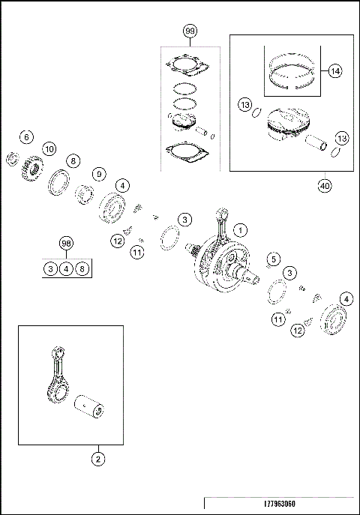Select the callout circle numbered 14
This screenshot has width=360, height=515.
point(334,70)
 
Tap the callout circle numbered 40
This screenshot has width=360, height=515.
point(324,186)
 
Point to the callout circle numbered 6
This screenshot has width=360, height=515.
point(26,137)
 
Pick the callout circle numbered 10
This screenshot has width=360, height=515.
point(49,148)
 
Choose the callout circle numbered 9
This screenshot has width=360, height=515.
point(98,174)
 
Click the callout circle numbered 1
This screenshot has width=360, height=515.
point(240,229)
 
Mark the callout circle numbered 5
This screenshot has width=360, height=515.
point(274,259)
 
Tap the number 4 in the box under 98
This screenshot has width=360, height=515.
point(66,268)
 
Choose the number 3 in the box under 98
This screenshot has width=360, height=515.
point(49,268)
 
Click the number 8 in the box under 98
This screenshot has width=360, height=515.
point(82,268)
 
